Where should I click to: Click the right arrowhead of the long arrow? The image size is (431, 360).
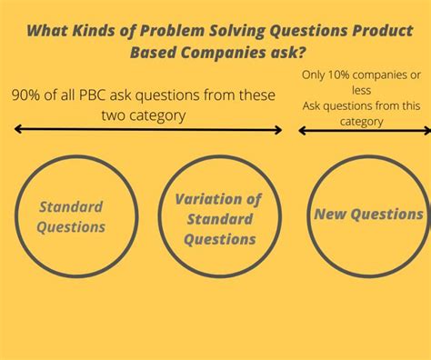click(x=279, y=130)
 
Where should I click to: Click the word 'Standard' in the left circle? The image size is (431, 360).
click(x=71, y=206)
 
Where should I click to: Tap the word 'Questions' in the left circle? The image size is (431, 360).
click(x=71, y=226)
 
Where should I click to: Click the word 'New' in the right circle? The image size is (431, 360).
click(x=331, y=215)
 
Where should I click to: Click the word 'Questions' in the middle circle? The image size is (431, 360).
click(x=219, y=239)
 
